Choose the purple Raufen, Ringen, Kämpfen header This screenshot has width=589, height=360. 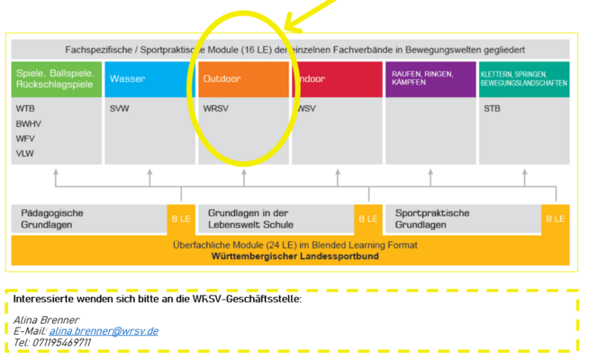tap(431, 78)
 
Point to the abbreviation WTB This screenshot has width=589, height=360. tap(26, 109)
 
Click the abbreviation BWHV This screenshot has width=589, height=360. tap(29, 123)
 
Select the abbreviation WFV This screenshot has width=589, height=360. tap(26, 139)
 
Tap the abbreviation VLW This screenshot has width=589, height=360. tap(26, 153)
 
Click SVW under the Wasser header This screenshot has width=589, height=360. tap(120, 109)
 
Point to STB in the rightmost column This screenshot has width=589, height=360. tap(492, 109)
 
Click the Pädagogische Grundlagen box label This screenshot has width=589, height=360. tap(51, 219)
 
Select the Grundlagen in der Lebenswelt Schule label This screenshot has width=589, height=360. tap(250, 219)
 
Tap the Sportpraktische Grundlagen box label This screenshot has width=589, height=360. tap(432, 219)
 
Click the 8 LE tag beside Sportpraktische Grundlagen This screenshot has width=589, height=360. tap(556, 219)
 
